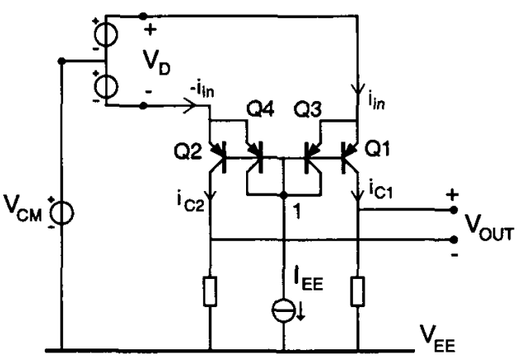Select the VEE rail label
(x=463, y=337)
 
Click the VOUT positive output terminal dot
(x=454, y=209)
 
